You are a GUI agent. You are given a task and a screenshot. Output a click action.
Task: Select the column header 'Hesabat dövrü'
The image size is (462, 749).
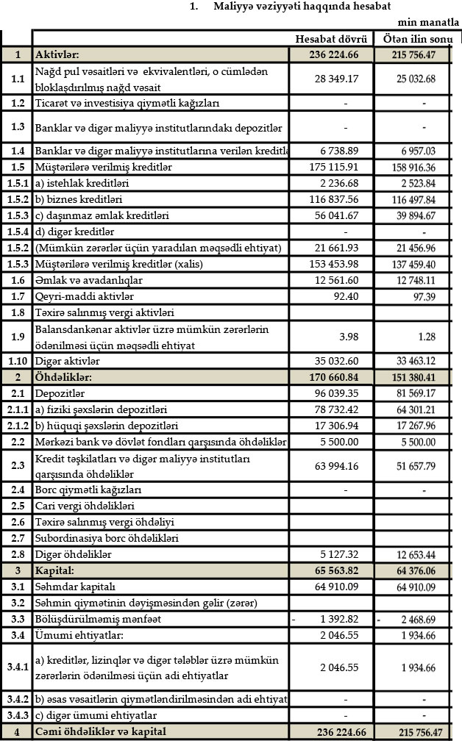(x=330, y=38)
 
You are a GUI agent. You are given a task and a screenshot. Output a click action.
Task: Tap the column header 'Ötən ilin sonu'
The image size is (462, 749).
(x=414, y=38)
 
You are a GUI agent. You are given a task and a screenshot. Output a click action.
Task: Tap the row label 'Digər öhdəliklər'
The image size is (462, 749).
(x=74, y=555)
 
